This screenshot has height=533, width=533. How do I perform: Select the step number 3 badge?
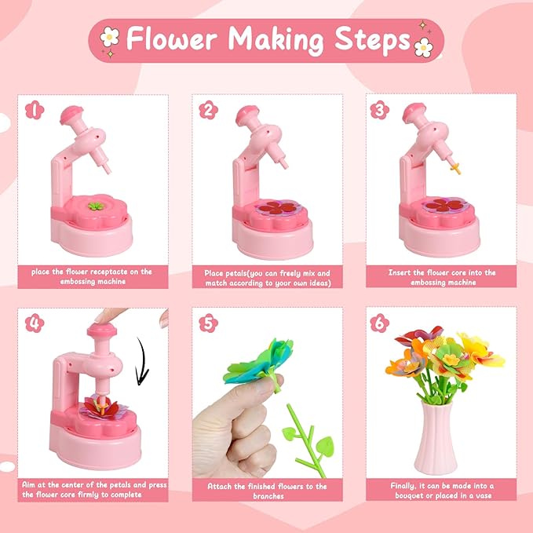pyautogui.click(x=381, y=108)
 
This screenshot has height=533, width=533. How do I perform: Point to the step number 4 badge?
pyautogui.click(x=33, y=322)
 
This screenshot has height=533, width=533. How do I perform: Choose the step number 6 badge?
pyautogui.click(x=381, y=322)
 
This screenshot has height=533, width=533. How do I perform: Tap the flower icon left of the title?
pyautogui.click(x=109, y=38)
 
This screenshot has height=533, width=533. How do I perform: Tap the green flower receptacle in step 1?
pyautogui.click(x=95, y=206)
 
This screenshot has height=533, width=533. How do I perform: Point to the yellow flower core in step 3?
pyautogui.click(x=453, y=167)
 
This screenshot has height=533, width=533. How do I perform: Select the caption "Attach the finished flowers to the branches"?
pyautogui.click(x=268, y=491)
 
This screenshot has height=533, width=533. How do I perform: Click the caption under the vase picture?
pyautogui.click(x=442, y=491)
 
